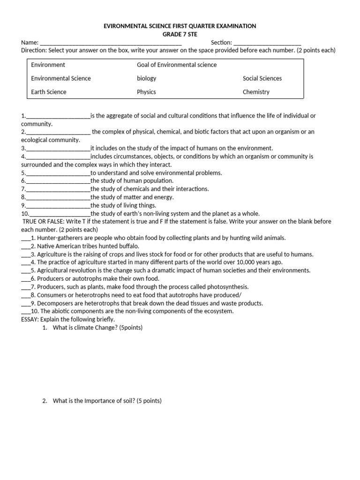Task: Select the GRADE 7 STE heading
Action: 180,34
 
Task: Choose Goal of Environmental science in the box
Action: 177,65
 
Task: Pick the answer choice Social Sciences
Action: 262,78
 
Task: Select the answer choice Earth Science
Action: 49,92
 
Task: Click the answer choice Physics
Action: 146,92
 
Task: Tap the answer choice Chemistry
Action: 256,92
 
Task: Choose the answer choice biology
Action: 146,78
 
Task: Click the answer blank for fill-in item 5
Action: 58,173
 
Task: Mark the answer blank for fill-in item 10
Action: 60,214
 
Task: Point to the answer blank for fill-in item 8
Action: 58,198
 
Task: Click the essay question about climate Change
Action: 97,328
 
